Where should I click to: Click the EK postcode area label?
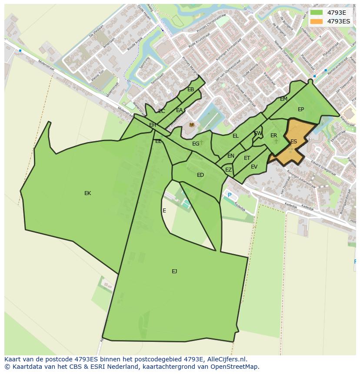click(87, 193)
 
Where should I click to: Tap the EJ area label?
click(174, 271)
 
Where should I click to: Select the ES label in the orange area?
click(293, 142)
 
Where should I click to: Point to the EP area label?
click(301, 109)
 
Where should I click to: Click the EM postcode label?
click(283, 99)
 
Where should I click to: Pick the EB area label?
click(190, 89)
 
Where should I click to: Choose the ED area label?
click(200, 175)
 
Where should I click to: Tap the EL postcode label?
click(236, 136)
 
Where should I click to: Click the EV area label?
click(254, 166)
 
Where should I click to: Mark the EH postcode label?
click(153, 125)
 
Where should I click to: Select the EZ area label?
click(228, 170)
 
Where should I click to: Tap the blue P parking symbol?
click(230, 195)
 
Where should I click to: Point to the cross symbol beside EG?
click(202, 142)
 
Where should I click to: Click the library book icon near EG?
click(192, 125)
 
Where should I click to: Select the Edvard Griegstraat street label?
click(323, 168)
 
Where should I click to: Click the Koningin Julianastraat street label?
click(300, 179)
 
